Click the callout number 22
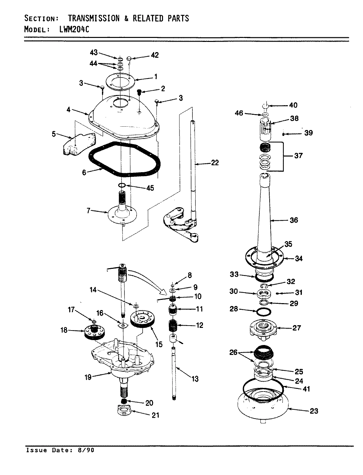click(x=214, y=163)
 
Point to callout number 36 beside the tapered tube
click(x=293, y=220)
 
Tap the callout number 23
click(x=314, y=411)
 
